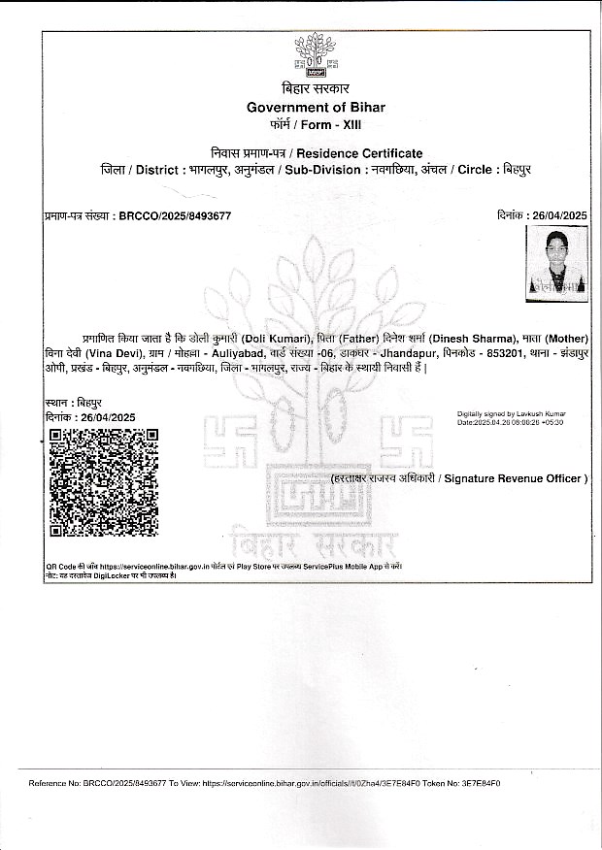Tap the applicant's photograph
[x=555, y=261]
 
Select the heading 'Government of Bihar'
[x=316, y=107]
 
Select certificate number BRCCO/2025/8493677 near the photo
[x=174, y=214]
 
